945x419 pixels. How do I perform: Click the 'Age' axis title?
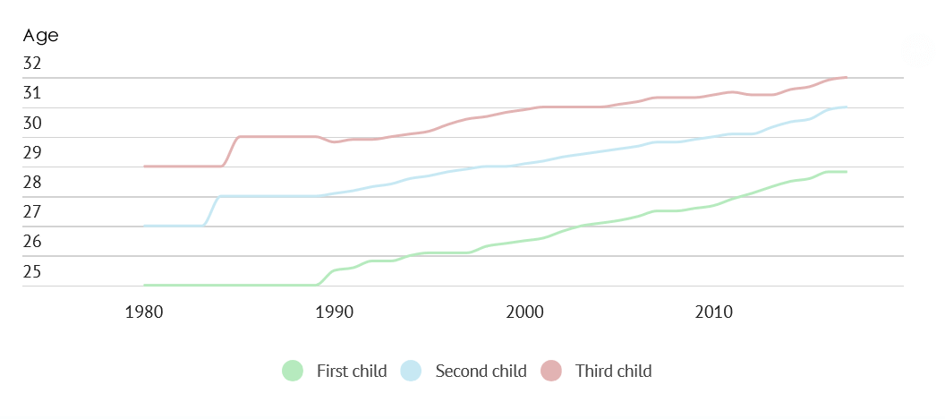click(x=40, y=36)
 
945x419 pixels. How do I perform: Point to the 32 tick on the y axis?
click(x=32, y=64)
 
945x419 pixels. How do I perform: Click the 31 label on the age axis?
click(x=32, y=93)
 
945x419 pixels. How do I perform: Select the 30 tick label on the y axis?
click(x=32, y=123)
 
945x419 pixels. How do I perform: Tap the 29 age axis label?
click(x=32, y=152)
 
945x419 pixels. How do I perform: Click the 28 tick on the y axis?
click(x=32, y=183)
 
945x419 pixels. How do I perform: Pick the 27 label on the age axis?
click(x=32, y=212)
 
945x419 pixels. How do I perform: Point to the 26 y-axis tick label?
click(x=32, y=242)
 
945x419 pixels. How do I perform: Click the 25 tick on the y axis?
click(x=32, y=271)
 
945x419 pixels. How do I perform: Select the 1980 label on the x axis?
click(x=144, y=312)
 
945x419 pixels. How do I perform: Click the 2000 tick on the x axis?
click(x=524, y=312)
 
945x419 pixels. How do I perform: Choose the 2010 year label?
click(x=714, y=312)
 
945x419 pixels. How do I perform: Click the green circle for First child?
click(x=293, y=371)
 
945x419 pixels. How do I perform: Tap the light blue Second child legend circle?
click(x=411, y=371)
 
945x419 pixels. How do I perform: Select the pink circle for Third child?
click(x=551, y=371)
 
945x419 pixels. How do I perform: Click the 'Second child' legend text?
click(x=481, y=371)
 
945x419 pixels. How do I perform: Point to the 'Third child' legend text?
click(x=613, y=371)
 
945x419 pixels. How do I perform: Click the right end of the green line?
click(x=847, y=172)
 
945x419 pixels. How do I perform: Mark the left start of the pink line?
click(x=145, y=167)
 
